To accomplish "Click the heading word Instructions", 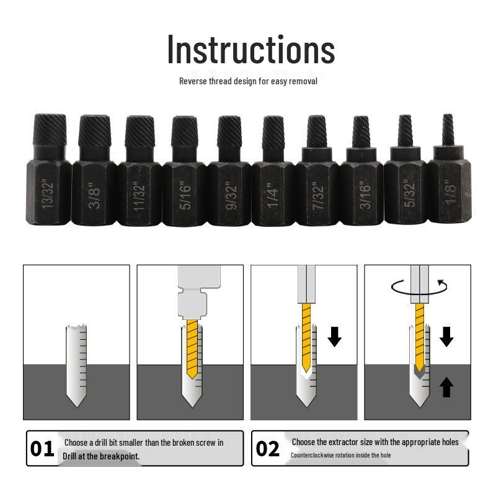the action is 251,50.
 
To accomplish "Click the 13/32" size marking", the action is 48,193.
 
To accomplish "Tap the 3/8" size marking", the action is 94,195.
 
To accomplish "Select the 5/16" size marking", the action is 185,195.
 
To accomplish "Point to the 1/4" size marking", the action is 273,195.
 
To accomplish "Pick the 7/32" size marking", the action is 318,195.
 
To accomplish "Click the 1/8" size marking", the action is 451,192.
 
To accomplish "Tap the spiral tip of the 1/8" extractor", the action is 448,130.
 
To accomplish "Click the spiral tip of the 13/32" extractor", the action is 50,130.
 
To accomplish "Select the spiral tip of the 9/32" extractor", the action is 229,132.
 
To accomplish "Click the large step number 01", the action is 42,448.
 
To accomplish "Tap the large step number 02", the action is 268,448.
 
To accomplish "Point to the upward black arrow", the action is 446,386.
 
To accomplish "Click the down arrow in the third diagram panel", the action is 334,337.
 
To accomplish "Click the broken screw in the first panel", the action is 76,365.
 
